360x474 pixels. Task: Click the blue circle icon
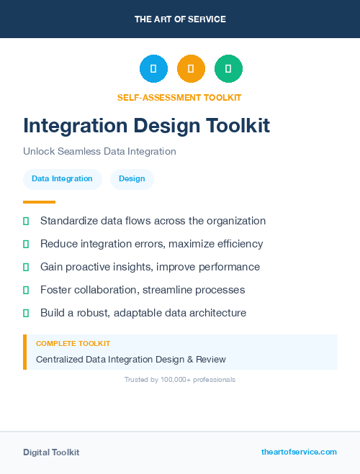(153, 68)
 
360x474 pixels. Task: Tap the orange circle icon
(191, 68)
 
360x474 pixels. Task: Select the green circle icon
(228, 68)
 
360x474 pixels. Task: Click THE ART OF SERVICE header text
(180, 19)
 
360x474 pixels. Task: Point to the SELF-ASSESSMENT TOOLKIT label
(179, 97)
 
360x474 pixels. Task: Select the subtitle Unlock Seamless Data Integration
(99, 152)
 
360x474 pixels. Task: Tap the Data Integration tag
(62, 178)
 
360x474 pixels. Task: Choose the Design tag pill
(132, 178)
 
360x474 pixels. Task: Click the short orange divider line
(39, 202)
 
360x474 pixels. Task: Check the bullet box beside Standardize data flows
(26, 221)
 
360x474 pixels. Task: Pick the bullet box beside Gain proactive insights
(26, 267)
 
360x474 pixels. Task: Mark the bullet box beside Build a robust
(26, 313)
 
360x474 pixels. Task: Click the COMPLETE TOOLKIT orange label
(73, 344)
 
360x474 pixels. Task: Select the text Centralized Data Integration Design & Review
(131, 359)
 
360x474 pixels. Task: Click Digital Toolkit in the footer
(51, 452)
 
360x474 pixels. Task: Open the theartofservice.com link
(299, 452)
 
